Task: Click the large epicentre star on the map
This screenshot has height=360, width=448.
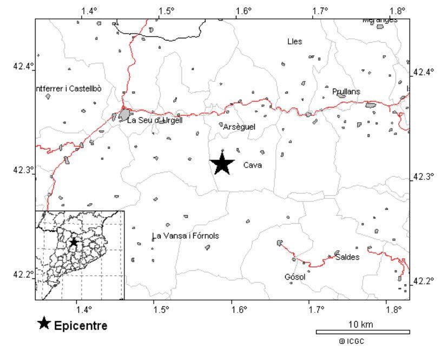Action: [222, 163]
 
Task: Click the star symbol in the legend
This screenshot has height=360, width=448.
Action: [44, 324]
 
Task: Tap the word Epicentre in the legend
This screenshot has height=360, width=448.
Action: [81, 326]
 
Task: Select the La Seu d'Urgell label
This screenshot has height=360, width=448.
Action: [154, 121]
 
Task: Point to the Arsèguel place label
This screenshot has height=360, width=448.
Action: [239, 127]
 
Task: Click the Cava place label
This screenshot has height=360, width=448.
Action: [253, 165]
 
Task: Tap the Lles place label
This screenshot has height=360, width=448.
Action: [295, 42]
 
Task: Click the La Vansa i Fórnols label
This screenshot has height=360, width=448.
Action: [185, 236]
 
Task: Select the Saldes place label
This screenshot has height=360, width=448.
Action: [347, 257]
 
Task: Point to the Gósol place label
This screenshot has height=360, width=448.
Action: [295, 277]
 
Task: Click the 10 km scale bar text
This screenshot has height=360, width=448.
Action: [360, 324]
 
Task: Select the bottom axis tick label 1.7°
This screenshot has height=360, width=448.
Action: [317, 309]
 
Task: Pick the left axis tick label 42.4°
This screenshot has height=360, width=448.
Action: [23, 66]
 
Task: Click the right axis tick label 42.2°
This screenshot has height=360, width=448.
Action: [424, 281]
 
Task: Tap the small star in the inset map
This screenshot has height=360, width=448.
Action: [74, 242]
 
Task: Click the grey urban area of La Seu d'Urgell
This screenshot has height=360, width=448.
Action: [124, 115]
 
